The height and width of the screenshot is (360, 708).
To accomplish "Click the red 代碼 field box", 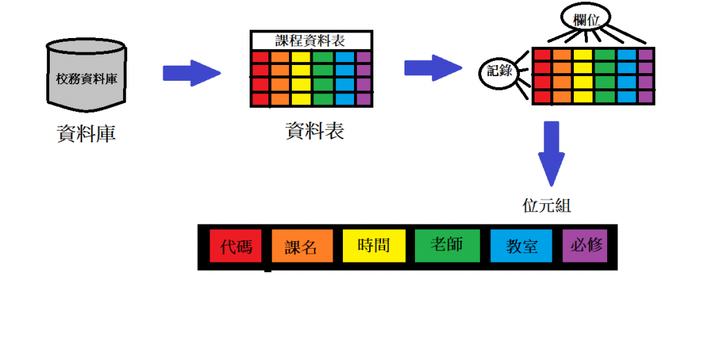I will (235, 246).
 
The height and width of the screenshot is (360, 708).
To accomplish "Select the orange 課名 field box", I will (302, 247).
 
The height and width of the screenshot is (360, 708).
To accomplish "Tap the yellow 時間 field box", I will (374, 245).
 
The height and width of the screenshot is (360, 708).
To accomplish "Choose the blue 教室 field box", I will (521, 246).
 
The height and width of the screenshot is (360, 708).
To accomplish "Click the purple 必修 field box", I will (585, 245).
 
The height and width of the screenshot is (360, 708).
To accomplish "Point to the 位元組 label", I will (547, 206).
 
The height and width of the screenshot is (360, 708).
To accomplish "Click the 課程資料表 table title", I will (311, 41).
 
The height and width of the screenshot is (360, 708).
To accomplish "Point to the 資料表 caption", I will (315, 131).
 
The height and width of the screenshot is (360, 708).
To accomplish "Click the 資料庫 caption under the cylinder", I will (86, 133).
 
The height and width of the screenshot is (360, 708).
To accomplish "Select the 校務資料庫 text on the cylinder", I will (86, 79).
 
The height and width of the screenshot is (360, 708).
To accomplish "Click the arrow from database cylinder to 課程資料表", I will (191, 73).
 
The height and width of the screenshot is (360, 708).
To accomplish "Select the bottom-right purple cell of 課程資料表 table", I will (364, 99).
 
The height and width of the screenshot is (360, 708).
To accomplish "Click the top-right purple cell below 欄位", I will (646, 55).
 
